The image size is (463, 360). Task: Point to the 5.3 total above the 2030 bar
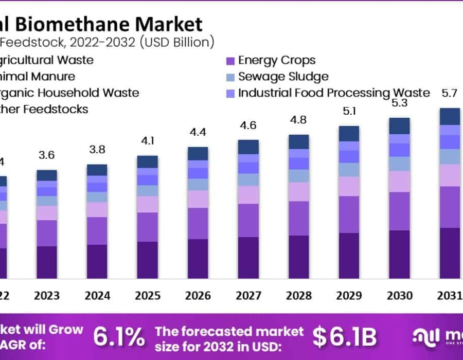tap(399, 103)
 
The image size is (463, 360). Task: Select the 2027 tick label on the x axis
tap(248, 296)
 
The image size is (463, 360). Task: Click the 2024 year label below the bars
tap(97, 296)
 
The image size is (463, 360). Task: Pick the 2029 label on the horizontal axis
tap(349, 296)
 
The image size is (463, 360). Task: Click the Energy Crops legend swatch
tap(230, 61)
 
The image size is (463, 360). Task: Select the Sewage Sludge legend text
tap(283, 77)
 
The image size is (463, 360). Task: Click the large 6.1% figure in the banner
tap(119, 337)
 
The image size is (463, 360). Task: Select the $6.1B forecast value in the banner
tap(345, 337)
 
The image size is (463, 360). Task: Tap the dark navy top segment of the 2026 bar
tap(198, 153)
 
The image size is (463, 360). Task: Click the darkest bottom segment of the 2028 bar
tap(299, 257)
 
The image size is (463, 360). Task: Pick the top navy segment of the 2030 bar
tap(400, 125)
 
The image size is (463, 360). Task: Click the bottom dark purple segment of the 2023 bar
tap(47, 262)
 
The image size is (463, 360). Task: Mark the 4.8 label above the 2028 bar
tap(299, 120)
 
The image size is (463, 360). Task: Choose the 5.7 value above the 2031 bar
tap(450, 93)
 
